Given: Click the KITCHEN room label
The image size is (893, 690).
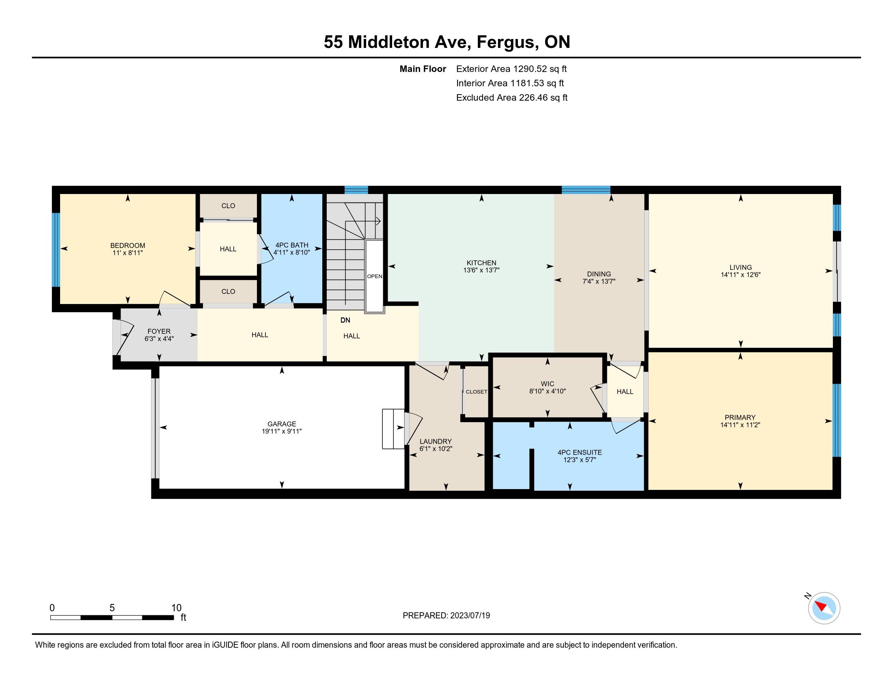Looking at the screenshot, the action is point(481,263).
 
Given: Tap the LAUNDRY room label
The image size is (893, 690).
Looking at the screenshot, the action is point(436,442).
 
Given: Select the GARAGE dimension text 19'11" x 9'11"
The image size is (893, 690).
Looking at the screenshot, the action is point(282,431).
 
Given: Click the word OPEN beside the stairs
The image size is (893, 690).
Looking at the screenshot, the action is point(375,276).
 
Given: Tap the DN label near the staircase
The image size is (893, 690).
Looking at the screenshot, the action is point(345,320).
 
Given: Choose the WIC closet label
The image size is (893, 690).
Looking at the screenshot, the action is point(548,384).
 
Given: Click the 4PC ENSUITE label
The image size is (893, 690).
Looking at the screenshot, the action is point(579,453).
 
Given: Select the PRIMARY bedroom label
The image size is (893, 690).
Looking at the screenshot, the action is point(740,417).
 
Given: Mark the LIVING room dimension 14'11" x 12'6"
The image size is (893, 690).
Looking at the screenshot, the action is point(740,275).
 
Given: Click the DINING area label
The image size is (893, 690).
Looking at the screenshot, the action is point(599,274).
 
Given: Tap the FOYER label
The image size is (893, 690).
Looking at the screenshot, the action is point(159,331).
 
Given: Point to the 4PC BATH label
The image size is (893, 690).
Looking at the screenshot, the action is point(291,245).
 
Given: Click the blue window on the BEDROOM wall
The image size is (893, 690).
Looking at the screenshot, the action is point(56,250).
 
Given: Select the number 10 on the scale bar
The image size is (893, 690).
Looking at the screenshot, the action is point(176,608).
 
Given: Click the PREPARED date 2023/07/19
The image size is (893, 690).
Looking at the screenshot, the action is point(470,616).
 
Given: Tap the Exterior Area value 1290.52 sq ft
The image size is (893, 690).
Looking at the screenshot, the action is point(540,69).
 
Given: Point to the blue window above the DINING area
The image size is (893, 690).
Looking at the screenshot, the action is point(586,190).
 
